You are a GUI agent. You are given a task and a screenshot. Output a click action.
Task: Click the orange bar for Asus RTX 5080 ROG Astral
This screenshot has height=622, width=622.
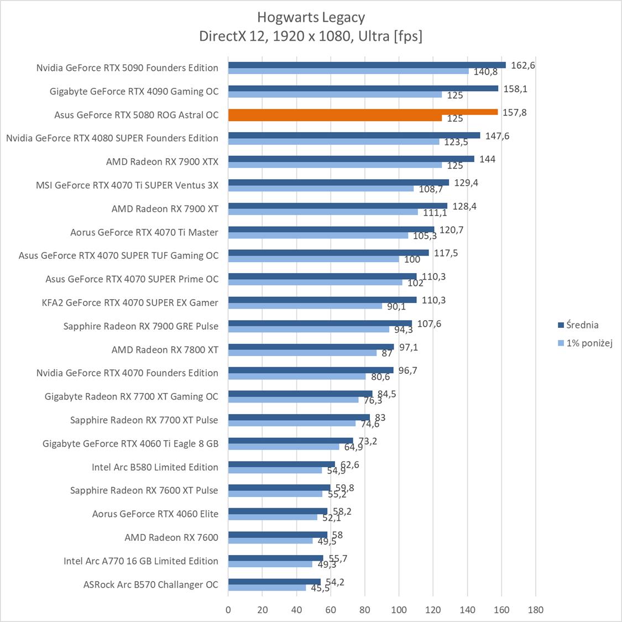tap(363, 115)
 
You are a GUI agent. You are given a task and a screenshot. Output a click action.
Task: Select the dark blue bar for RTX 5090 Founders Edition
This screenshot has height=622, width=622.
tap(367, 65)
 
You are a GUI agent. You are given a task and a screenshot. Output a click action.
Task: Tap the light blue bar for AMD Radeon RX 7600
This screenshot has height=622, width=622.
tap(270, 541)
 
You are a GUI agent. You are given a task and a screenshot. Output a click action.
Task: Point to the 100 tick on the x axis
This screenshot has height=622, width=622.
tap(399, 610)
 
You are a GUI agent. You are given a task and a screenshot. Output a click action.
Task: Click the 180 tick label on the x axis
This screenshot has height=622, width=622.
tap(535, 610)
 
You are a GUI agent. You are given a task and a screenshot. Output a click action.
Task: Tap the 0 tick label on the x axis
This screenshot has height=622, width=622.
tap(228, 610)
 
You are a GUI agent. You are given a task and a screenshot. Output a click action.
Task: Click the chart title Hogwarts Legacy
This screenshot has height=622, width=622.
tap(311, 18)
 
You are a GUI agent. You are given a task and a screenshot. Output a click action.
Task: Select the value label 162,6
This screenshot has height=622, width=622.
tap(523, 65)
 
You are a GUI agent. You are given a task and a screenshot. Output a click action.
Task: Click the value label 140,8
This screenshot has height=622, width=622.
tap(486, 72)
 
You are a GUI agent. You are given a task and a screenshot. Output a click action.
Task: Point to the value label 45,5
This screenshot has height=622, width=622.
tap(320, 588)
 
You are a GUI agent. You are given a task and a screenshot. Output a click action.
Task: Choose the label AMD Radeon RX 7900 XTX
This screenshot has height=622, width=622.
tap(162, 162)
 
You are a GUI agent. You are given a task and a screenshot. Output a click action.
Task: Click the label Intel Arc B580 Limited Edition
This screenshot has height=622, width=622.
tap(155, 467)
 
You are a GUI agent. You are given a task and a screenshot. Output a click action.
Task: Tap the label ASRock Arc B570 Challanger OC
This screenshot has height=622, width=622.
tap(151, 584)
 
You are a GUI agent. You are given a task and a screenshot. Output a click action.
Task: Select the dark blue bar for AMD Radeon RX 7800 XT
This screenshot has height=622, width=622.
tap(311, 347)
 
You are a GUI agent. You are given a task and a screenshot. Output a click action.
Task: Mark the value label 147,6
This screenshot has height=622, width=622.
tap(497, 136)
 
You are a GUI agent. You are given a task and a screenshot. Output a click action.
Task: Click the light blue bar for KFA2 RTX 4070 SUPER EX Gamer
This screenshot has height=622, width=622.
tap(305, 306)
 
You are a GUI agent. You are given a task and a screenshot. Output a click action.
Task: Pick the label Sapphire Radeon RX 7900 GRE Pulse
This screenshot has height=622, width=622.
tap(141, 326)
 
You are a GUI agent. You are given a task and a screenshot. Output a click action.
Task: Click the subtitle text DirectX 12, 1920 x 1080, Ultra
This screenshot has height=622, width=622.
tap(311, 36)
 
